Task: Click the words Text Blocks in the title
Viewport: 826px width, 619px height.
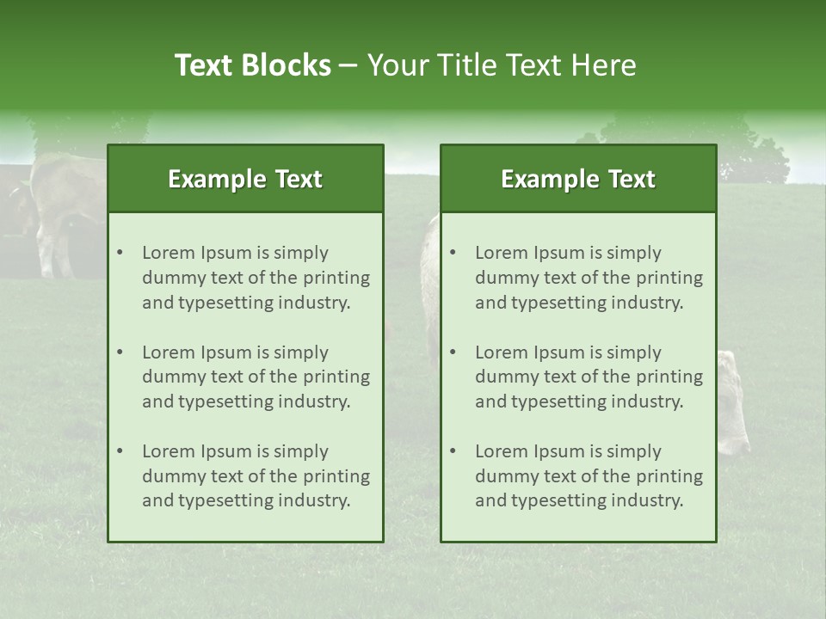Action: point(252,65)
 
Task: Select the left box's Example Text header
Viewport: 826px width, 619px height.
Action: point(245,179)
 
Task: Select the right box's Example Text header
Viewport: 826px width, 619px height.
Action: point(578,179)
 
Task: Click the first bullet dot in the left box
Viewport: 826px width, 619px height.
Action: point(120,253)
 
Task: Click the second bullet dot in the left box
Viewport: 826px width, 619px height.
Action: point(120,352)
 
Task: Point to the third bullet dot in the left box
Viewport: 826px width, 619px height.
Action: point(120,451)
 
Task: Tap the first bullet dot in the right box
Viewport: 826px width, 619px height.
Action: point(453,253)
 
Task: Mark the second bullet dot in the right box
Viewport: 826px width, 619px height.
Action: point(453,352)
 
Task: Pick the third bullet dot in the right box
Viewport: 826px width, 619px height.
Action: point(453,451)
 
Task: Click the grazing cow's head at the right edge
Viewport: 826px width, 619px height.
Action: point(733,404)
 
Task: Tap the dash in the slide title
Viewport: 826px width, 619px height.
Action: point(348,65)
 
